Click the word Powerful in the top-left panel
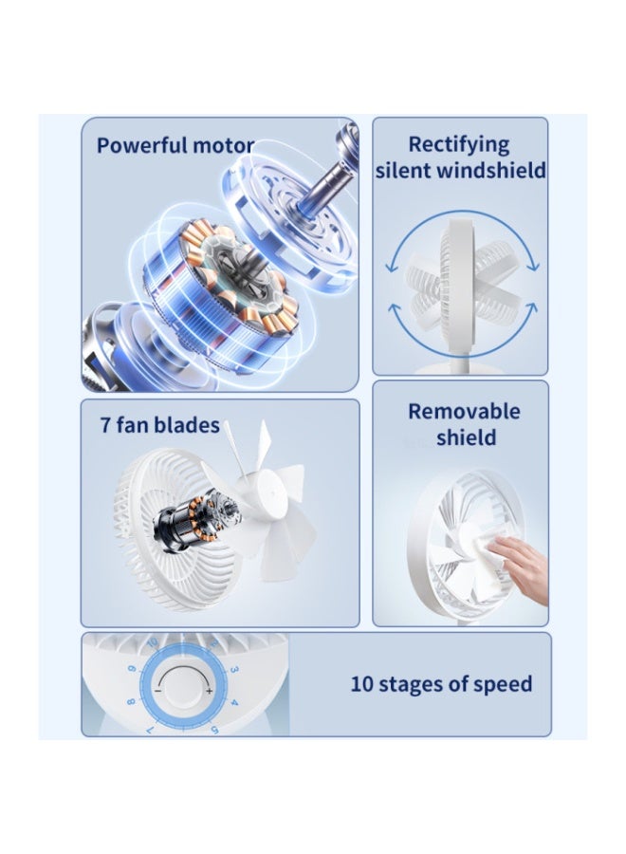[x=140, y=146]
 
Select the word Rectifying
[x=459, y=144]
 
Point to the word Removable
[x=464, y=412]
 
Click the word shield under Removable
[x=466, y=437]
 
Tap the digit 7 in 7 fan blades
[x=106, y=424]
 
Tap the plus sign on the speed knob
[x=209, y=690]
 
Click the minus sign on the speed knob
[x=158, y=690]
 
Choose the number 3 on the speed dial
[x=233, y=670]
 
